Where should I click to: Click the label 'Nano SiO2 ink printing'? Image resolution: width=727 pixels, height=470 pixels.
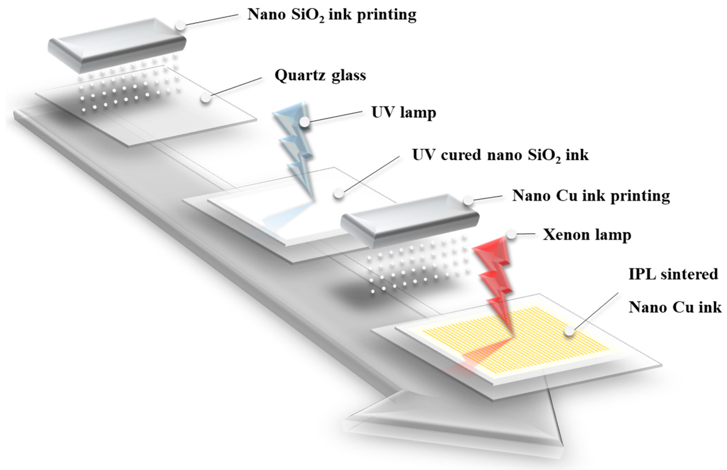[332, 15]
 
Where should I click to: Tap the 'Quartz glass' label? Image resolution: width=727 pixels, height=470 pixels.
[320, 75]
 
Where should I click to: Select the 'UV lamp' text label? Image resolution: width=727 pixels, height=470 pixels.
[404, 112]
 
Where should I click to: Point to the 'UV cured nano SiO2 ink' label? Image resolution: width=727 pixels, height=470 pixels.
[500, 155]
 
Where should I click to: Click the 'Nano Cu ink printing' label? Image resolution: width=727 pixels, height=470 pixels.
[591, 196]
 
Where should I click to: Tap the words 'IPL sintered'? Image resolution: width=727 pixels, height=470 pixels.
[673, 274]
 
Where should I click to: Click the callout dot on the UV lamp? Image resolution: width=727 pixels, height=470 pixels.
[304, 122]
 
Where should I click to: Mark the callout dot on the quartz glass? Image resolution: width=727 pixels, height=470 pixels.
[206, 98]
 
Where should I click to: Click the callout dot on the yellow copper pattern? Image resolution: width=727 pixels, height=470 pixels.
[569, 331]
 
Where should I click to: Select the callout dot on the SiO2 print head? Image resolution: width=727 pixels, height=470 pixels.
[180, 25]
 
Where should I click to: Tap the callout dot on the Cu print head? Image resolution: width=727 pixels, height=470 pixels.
[468, 200]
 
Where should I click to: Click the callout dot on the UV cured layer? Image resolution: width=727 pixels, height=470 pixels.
[338, 193]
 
